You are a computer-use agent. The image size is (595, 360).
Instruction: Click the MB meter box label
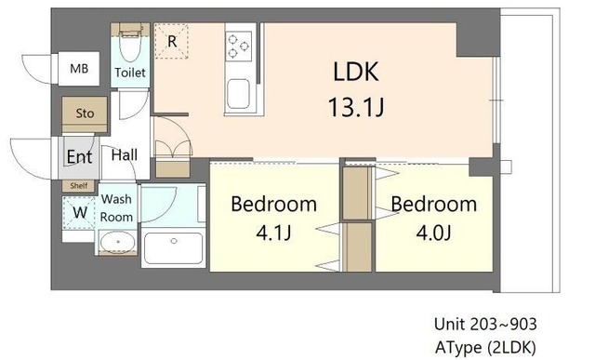79,69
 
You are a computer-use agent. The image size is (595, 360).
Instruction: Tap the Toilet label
130,73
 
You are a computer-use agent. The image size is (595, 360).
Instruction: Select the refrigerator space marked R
171,41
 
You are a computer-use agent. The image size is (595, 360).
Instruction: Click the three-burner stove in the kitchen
238,46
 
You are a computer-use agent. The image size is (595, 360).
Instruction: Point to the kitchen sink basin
238,94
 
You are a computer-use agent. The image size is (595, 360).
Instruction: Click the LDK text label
355,72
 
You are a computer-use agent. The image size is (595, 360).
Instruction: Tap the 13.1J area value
355,107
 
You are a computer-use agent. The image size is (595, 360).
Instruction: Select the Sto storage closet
85,113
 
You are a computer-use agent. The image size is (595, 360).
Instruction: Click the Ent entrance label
79,156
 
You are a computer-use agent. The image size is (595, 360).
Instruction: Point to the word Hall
125,155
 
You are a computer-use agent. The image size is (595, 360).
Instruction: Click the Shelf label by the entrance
79,186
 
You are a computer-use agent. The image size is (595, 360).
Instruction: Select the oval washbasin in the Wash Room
117,242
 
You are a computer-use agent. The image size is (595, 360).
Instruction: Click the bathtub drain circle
174,241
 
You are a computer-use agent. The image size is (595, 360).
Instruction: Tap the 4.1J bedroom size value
273,233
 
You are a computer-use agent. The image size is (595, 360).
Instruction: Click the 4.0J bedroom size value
433,233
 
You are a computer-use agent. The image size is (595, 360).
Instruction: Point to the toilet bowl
130,47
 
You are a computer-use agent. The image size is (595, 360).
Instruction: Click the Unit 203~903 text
485,325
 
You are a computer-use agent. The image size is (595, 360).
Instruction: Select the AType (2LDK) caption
485,347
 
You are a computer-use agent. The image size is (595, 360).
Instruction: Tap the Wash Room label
116,208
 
